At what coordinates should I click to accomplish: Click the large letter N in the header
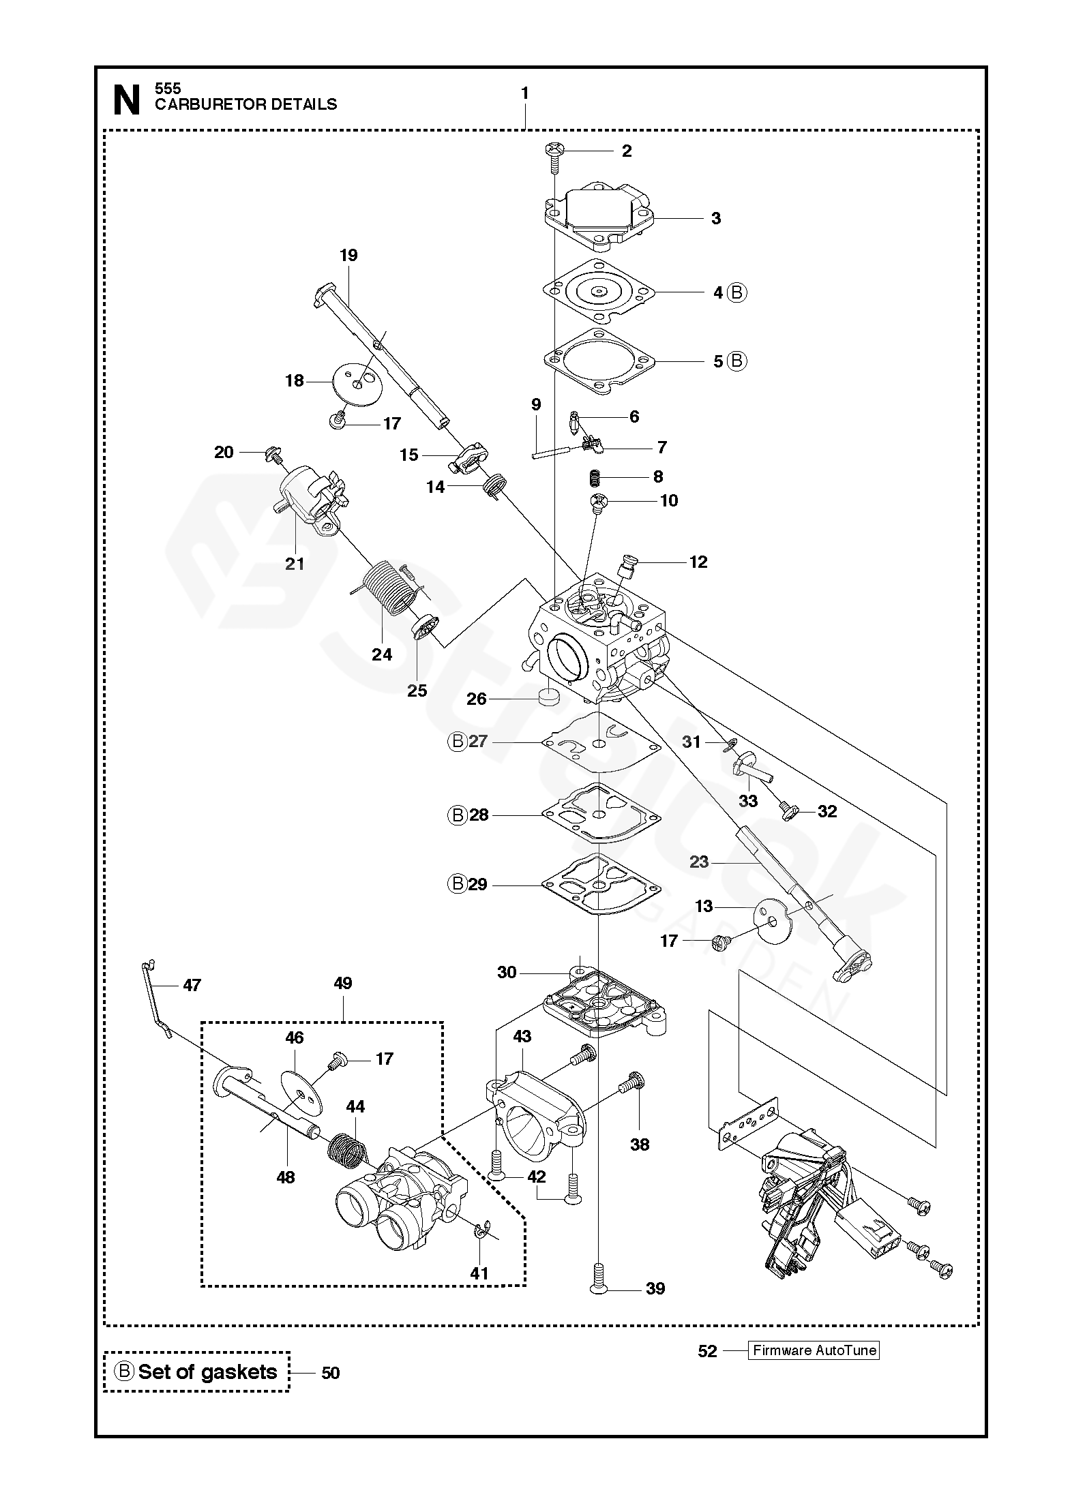coord(126,100)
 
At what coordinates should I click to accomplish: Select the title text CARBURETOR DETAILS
coord(245,104)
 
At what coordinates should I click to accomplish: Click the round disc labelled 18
coord(357,383)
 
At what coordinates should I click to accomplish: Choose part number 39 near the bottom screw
coord(655,1288)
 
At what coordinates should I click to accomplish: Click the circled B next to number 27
coord(457,741)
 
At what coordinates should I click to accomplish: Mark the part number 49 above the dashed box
coord(343,983)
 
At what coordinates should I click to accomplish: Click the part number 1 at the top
coord(524,93)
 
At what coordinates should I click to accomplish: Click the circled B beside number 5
coord(736,361)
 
